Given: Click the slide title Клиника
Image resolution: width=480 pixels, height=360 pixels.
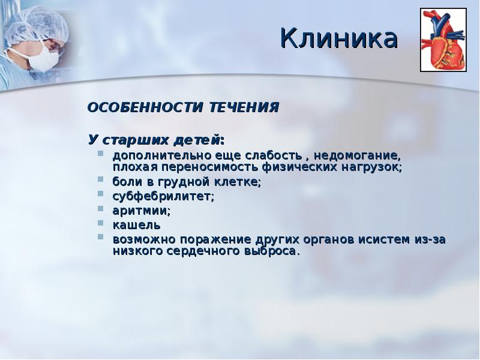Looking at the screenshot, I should (339, 39).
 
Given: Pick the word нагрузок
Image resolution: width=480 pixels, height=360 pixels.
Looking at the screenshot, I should (371, 167).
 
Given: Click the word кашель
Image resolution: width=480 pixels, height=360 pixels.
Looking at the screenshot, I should (136, 225).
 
